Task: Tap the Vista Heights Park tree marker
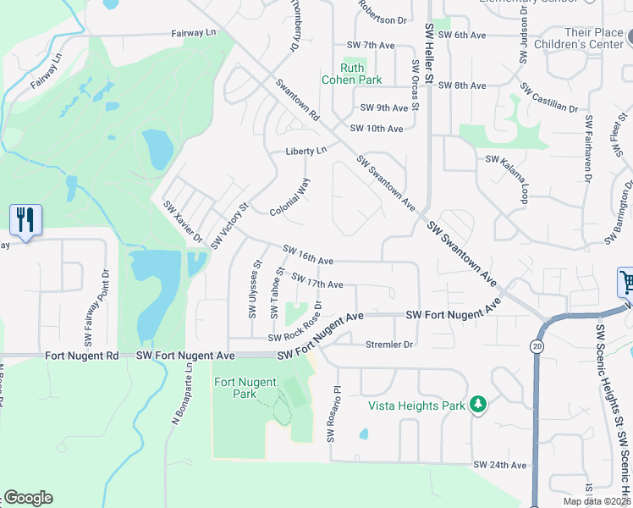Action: pos(479,406)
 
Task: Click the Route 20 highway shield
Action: pos(537,346)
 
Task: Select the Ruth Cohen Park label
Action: pos(352,75)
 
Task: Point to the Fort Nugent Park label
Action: pos(235,388)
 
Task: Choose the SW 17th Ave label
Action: pos(317,281)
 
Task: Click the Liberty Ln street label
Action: pos(305,151)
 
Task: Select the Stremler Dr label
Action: pos(388,345)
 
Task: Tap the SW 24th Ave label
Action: pos(500,465)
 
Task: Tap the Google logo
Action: pos(28,498)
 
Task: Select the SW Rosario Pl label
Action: pos(332,416)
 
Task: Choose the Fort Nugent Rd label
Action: pos(83,356)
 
